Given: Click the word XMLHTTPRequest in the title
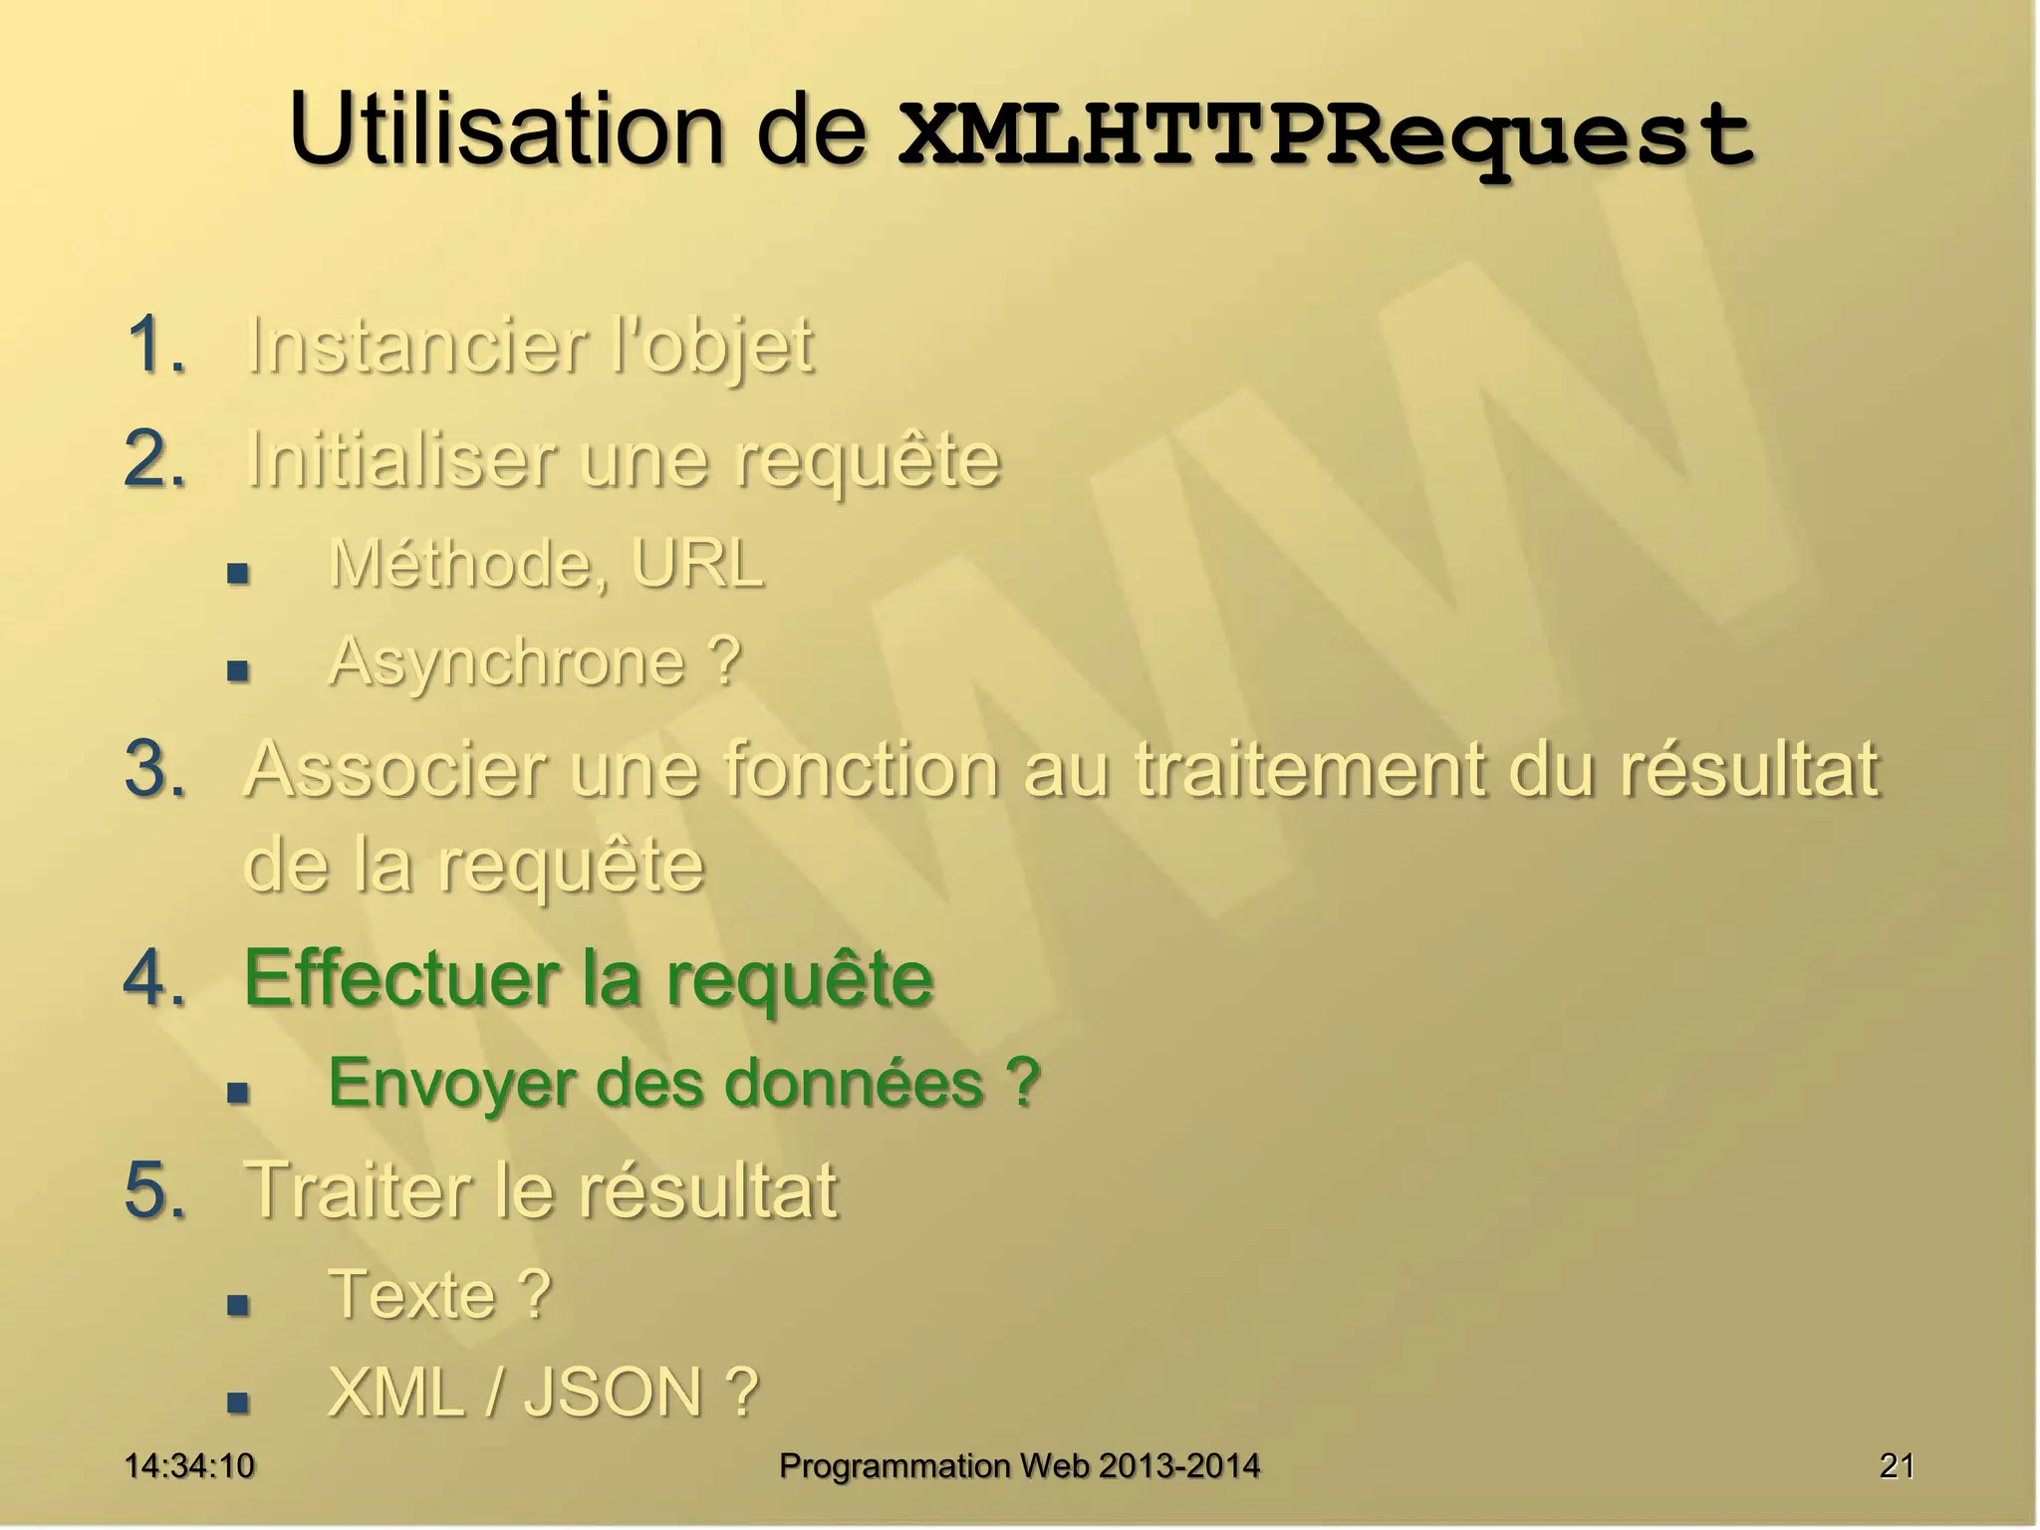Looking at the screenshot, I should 1325,136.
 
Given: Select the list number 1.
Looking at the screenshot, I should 155,346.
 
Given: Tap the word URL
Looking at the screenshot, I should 696,564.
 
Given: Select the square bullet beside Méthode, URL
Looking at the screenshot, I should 237,573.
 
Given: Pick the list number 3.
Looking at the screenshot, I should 155,769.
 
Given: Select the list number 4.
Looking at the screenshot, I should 155,979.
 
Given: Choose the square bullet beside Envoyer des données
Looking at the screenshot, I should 237,1093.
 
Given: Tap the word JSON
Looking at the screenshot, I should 614,1392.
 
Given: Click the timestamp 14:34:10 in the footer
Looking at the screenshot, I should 189,1465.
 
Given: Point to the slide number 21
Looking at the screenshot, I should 1897,1465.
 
